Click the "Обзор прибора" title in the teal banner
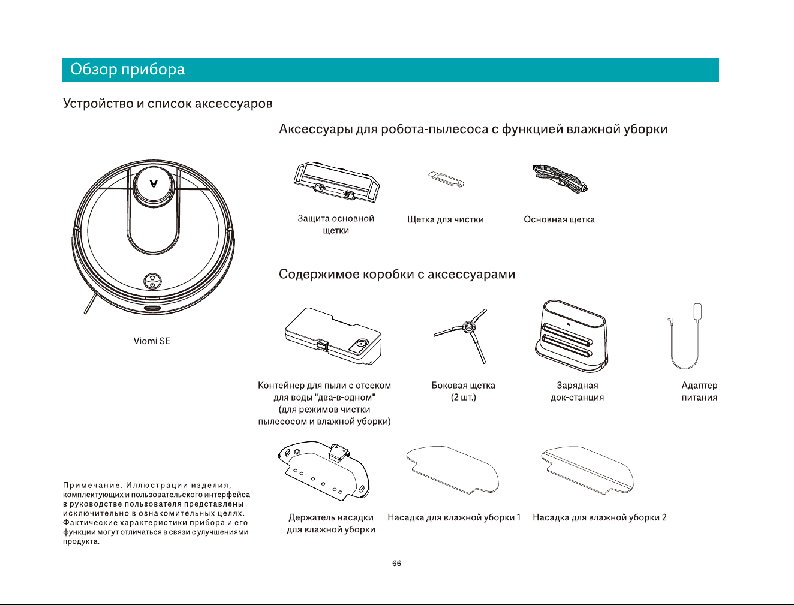127,69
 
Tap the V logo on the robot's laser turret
154,183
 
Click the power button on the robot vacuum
153,285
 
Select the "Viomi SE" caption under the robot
152,341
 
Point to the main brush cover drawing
336,182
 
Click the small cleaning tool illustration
446,179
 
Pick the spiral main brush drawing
560,179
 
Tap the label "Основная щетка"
560,219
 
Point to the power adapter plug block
698,311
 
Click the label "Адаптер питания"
699,392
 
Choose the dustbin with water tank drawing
333,336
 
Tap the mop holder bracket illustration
324,471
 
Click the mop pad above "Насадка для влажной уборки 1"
453,469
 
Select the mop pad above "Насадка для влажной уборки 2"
588,469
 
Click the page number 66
396,564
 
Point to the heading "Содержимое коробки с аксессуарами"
397,274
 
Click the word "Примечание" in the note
93,485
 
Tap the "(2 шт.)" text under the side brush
464,398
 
